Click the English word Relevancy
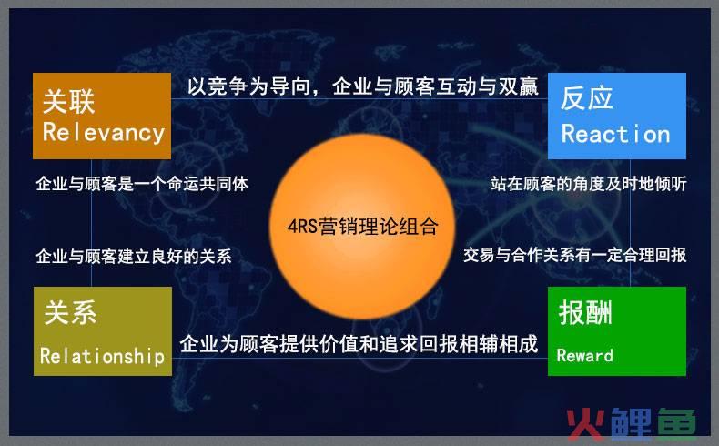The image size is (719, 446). click(103, 133)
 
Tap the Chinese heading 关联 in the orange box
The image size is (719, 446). click(68, 100)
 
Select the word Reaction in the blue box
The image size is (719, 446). click(615, 134)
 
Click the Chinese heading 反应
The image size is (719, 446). click(587, 98)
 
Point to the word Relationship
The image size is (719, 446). click(102, 356)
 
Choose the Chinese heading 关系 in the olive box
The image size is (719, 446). click(70, 314)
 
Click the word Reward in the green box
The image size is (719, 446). click(584, 355)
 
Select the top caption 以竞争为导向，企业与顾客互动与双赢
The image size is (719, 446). click(362, 86)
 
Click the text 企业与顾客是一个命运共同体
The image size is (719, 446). click(141, 183)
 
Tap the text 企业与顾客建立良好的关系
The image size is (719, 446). click(133, 257)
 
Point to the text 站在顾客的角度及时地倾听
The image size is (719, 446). click(588, 184)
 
